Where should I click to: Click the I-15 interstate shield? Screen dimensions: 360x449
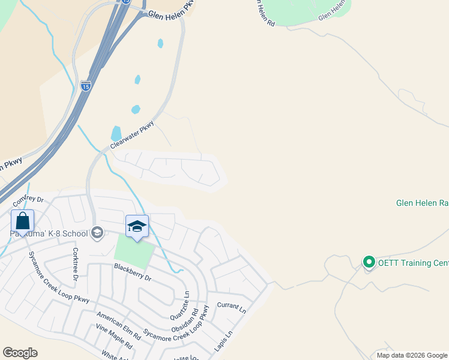86,86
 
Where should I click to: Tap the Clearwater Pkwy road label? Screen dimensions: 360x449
132,136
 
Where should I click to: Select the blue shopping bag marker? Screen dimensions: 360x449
22,220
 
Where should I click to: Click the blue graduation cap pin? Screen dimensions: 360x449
137,226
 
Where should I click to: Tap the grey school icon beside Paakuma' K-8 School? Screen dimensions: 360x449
97,233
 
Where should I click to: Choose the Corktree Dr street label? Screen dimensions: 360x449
76,264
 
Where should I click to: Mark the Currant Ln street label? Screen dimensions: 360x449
232,307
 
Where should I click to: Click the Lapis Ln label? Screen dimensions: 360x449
223,343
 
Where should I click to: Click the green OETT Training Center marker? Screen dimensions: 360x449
369,262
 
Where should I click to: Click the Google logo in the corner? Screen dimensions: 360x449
20,353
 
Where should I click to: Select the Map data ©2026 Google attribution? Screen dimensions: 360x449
412,355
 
